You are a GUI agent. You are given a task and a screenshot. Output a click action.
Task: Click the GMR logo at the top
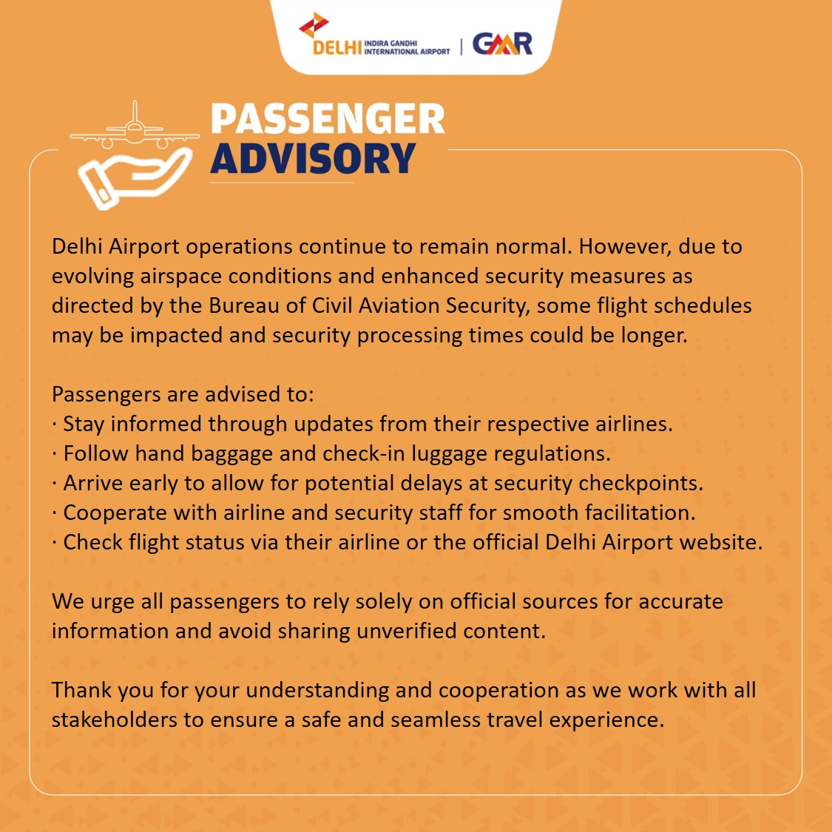coord(502,44)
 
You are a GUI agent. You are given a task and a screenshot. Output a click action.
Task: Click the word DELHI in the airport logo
coord(337,48)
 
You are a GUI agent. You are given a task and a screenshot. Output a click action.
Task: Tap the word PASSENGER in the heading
coord(328,119)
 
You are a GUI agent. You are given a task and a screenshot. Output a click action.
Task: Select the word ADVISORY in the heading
coord(314,158)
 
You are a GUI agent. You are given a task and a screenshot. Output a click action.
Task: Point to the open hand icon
coord(133,177)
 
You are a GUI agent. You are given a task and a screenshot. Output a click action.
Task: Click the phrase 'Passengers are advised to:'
coord(183,394)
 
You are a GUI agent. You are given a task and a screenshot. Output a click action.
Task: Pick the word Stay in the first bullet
coord(83,424)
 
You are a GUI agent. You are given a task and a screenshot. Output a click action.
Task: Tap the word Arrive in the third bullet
coord(92,483)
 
